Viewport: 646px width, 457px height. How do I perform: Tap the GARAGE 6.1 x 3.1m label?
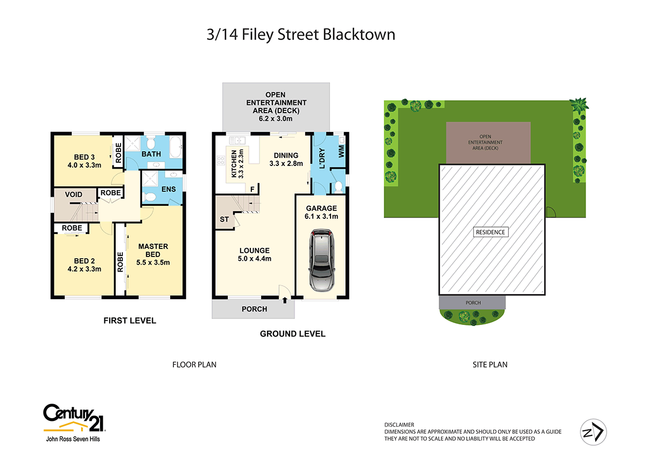click(x=321, y=212)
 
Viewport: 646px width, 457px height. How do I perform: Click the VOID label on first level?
click(x=73, y=194)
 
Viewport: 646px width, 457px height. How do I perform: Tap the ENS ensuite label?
click(x=169, y=189)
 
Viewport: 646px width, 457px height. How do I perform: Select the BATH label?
click(x=151, y=154)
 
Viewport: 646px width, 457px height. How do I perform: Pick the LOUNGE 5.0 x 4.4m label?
click(x=255, y=254)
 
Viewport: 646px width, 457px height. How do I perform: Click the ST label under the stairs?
click(x=223, y=219)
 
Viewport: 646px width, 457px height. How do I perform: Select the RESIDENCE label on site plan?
click(x=490, y=232)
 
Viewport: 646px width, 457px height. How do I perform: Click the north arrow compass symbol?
click(x=593, y=431)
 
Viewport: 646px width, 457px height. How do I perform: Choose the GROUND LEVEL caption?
click(x=292, y=334)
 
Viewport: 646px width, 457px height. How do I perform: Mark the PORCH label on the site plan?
click(x=473, y=302)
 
